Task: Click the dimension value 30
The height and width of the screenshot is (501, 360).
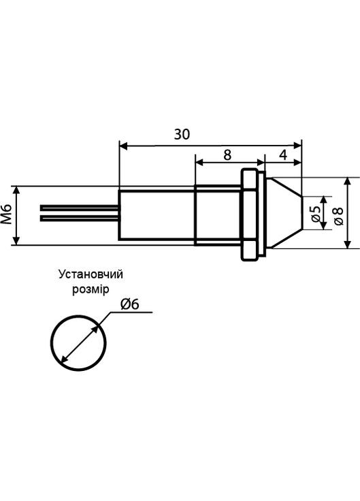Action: pos(181,134)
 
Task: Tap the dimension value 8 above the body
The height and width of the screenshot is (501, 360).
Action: pos(227,155)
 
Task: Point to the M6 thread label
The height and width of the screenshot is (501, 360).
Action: pos(7,214)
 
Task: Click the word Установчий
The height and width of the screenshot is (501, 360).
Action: pos(91,275)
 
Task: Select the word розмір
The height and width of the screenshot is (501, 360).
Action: pos(90,289)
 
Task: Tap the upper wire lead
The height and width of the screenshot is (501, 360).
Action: pos(80,207)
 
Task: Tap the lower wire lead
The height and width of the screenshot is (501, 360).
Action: pos(80,218)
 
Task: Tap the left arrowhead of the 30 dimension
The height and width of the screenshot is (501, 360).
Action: pos(123,144)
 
